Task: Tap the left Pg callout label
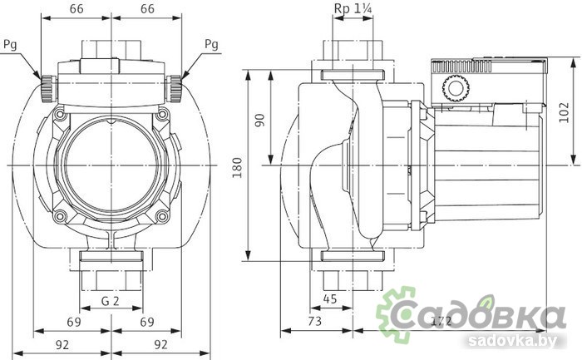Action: [9, 44]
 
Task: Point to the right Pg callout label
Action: [211, 44]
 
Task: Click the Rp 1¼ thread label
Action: [353, 9]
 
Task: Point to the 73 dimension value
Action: [314, 320]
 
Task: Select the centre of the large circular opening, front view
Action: [111, 165]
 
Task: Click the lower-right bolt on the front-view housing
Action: [163, 218]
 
